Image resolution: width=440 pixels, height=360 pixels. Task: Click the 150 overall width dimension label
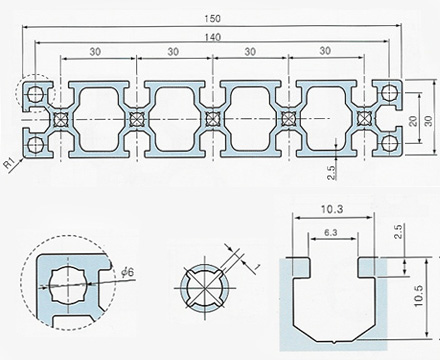point(212,19)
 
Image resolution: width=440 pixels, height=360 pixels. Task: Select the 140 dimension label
point(212,37)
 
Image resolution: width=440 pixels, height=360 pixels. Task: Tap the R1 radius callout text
point(10,164)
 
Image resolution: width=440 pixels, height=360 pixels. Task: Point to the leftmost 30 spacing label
point(95,52)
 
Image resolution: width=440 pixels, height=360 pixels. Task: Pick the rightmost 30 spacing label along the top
point(325,51)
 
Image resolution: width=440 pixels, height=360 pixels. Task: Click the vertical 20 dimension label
point(413,121)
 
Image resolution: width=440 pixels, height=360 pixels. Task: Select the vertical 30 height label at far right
point(429,121)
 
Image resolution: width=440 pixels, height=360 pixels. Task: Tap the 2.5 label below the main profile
point(331,173)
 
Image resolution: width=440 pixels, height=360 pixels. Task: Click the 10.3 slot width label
point(332,209)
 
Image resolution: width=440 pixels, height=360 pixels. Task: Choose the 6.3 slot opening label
point(330,233)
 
